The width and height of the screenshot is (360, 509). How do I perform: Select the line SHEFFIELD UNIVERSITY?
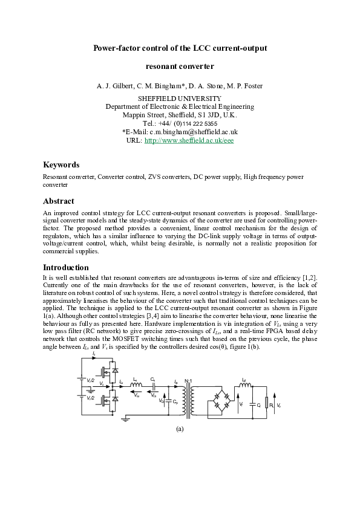pyautogui.click(x=180, y=99)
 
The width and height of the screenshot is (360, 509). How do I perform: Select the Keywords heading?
pyautogui.click(x=61, y=164)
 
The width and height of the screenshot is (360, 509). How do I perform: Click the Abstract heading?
pyautogui.click(x=59, y=201)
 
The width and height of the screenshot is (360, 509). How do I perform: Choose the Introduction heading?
pyautogui.click(x=66, y=267)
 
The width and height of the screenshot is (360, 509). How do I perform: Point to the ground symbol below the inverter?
pyautogui.click(x=124, y=418)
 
